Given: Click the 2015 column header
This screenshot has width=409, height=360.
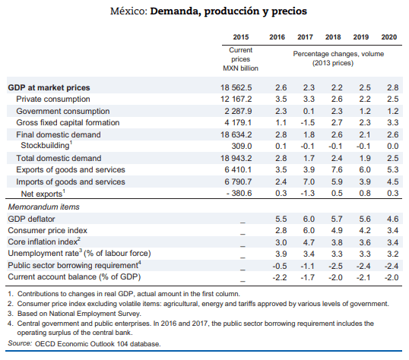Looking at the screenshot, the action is click(241, 37).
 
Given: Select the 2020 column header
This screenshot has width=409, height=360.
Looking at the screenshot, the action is click(389, 37).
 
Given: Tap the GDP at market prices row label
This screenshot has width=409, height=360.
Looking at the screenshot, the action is click(49, 87).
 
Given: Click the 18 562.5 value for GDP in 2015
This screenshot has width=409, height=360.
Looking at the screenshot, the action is click(236, 87).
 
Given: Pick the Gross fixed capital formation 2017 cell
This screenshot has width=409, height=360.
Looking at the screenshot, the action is click(308, 122).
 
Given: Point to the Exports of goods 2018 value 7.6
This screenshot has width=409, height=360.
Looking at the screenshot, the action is click(337, 169).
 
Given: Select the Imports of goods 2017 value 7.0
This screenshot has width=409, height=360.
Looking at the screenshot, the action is click(309, 182).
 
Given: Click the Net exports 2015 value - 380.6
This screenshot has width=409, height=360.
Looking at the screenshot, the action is click(239, 193).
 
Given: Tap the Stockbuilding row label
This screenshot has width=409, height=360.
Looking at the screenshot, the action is click(46, 145).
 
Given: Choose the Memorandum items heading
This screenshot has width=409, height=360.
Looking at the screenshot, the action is click(44, 207).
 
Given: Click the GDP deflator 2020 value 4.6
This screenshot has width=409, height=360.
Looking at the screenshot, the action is click(392, 219).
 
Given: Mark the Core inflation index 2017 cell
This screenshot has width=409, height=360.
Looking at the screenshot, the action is click(309, 242).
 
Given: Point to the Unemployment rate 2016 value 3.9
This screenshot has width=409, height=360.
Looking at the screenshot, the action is click(281, 254).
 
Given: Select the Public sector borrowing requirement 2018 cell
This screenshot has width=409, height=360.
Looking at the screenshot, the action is click(335, 266).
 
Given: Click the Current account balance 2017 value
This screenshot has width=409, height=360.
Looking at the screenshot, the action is click(308, 277).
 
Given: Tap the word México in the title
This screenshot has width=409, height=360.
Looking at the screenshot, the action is click(129, 11).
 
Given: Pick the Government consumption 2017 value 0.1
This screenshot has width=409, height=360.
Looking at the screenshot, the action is click(309, 112).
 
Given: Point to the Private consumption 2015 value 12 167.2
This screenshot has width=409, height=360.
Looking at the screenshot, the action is click(236, 99).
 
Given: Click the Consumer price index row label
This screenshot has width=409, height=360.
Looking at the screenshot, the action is click(47, 230).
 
